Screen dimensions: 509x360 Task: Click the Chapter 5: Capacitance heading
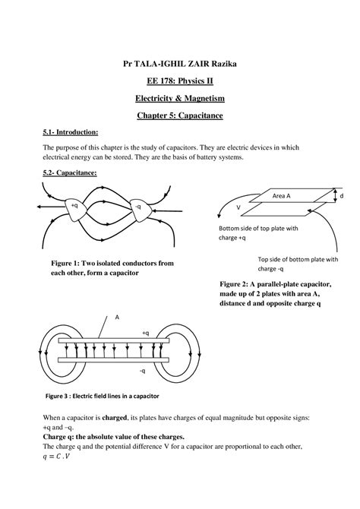(x=180, y=116)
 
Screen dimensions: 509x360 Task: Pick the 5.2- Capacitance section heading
(x=70, y=173)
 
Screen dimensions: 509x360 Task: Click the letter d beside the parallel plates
(x=342, y=196)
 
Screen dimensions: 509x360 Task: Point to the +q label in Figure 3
(x=145, y=332)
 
